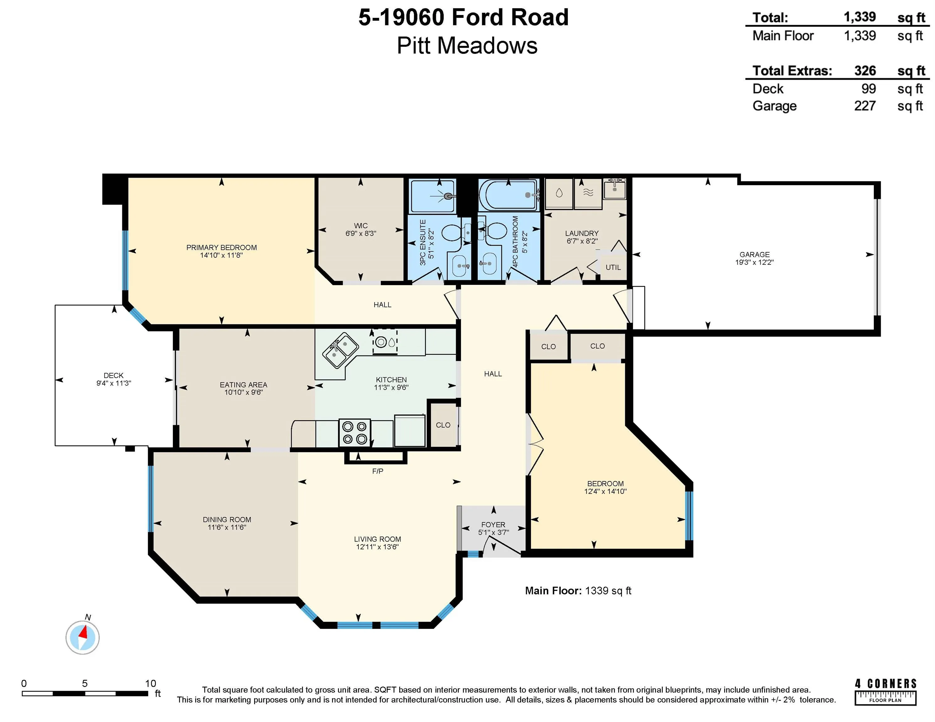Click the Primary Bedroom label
pyautogui.click(x=221, y=248)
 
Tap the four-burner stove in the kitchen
pyautogui.click(x=354, y=433)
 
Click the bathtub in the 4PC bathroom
pyautogui.click(x=508, y=195)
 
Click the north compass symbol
pyautogui.click(x=82, y=637)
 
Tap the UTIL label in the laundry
pyautogui.click(x=613, y=267)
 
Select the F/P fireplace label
pyautogui.click(x=378, y=471)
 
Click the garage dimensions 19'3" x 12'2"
pyautogui.click(x=754, y=262)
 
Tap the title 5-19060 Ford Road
pyautogui.click(x=463, y=18)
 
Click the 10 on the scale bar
pyautogui.click(x=150, y=683)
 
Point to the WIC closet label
pyautogui.click(x=360, y=226)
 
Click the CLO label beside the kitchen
pyautogui.click(x=443, y=425)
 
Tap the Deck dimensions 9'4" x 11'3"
pyautogui.click(x=114, y=383)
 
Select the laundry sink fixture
pyautogui.click(x=615, y=189)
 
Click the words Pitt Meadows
pyautogui.click(x=467, y=46)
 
